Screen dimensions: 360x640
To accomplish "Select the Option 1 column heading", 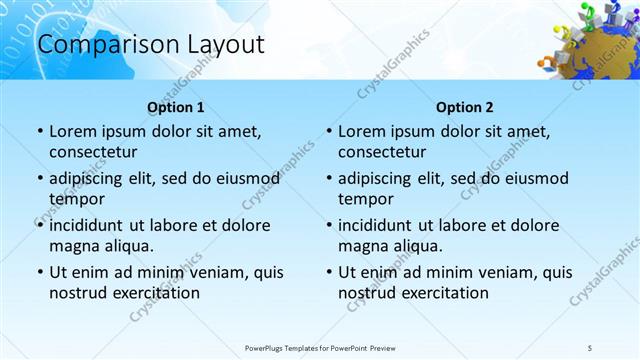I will coord(176,107).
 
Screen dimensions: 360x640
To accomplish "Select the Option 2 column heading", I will coord(465,107).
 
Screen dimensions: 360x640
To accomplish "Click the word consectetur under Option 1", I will coord(93,152).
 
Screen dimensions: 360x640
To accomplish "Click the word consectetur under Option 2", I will coord(382,152).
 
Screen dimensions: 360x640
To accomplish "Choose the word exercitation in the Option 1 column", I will coord(155,293).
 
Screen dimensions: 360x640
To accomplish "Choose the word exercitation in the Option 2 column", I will coord(444,293).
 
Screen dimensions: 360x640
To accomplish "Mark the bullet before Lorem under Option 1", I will coord(39,132).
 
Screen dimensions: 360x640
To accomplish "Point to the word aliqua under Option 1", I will coord(127,246).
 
